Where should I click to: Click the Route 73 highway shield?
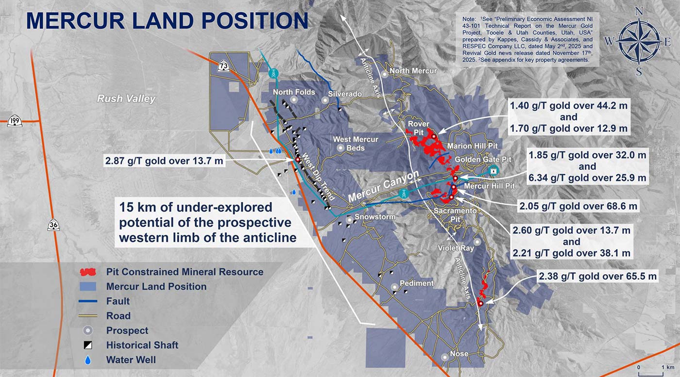coord(223,66)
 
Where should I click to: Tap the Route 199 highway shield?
coord(15,121)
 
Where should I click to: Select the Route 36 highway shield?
coord(53,225)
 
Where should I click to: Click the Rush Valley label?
coord(126,98)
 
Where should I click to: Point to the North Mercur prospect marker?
coord(385,74)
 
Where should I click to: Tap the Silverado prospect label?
coord(345,94)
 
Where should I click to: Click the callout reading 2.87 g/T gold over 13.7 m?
coord(164,161)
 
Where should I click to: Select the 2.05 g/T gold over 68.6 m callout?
coord(578,206)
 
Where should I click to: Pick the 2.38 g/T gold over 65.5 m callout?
coord(598,276)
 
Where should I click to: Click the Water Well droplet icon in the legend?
coord(88,360)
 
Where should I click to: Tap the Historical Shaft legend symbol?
coord(88,345)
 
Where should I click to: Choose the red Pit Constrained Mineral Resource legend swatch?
coord(88,272)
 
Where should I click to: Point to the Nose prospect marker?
coord(445,357)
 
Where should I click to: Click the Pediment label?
coord(417,283)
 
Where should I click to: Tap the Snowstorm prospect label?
coord(375,217)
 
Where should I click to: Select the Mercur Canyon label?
coord(383,186)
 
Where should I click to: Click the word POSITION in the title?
coord(255,21)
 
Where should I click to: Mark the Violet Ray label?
coord(456,248)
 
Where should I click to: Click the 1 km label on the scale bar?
coord(668,367)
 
